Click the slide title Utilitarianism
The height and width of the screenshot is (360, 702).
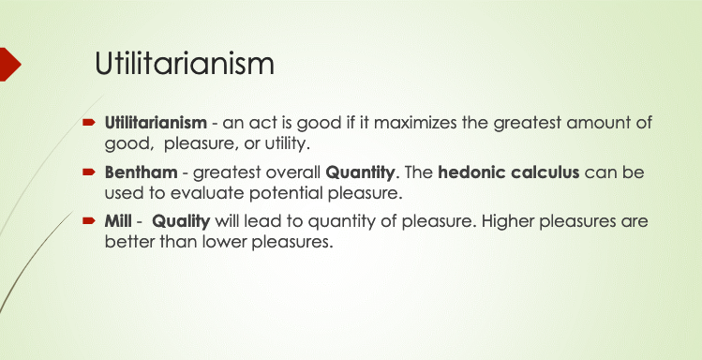185,64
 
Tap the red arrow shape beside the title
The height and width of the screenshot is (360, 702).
10,64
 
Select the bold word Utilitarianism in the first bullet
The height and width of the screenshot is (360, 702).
156,122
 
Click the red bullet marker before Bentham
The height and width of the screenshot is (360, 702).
89,172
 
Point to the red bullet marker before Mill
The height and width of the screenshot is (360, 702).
89,220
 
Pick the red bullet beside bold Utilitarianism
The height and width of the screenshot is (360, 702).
89,122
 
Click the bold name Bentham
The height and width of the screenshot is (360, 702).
141,172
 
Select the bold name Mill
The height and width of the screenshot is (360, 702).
118,220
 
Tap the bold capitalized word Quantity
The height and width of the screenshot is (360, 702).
361,172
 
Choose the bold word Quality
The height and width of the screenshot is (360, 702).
181,221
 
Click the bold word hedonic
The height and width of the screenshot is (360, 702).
469,172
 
